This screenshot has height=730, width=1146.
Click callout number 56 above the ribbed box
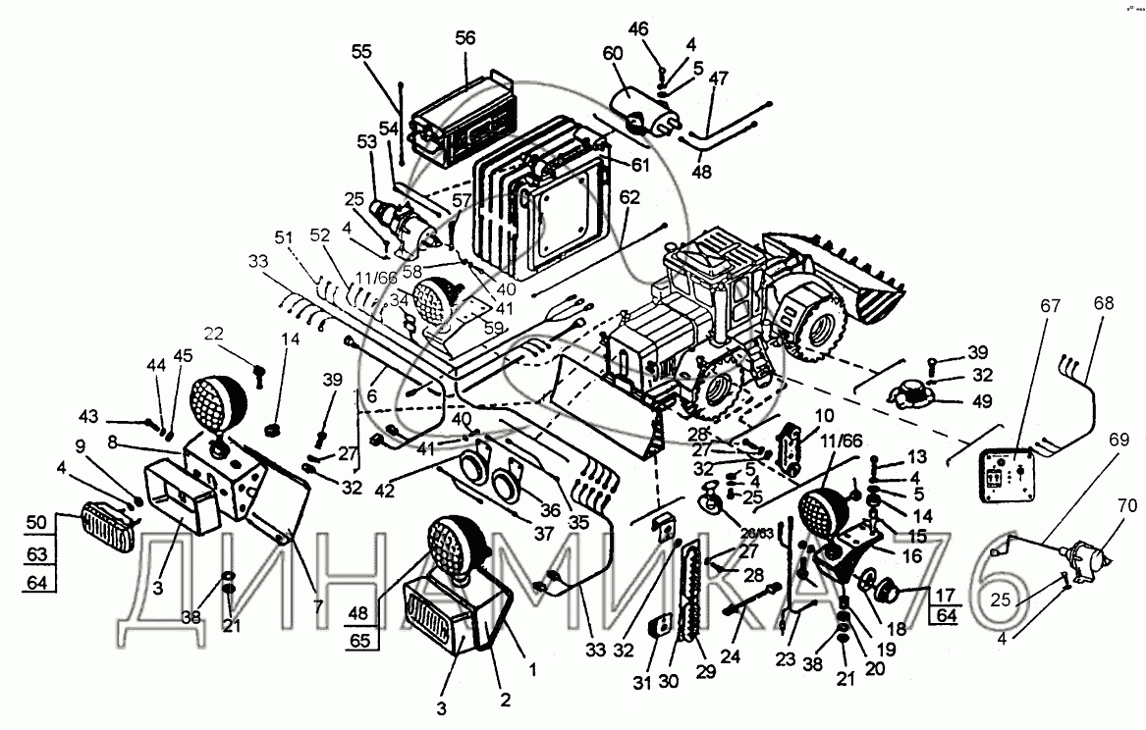click(464, 38)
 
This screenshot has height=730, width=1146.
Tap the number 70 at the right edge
click(1125, 507)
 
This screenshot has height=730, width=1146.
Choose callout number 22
click(213, 335)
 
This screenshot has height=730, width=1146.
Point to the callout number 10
click(824, 415)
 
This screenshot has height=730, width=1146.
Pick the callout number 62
click(629, 196)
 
